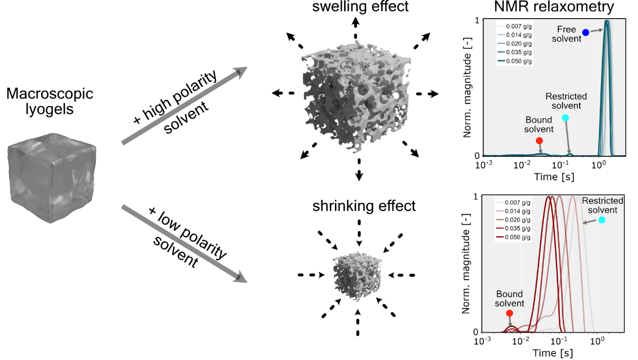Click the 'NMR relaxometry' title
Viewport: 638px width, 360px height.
546,7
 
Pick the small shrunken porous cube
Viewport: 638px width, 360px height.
357,277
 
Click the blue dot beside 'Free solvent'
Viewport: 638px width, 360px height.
585,32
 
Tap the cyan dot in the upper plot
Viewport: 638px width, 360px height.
565,118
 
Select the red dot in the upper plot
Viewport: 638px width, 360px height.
539,141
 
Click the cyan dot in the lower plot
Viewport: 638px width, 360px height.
601,220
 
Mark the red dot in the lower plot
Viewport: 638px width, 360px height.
509,313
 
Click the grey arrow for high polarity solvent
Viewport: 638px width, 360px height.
184,106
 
